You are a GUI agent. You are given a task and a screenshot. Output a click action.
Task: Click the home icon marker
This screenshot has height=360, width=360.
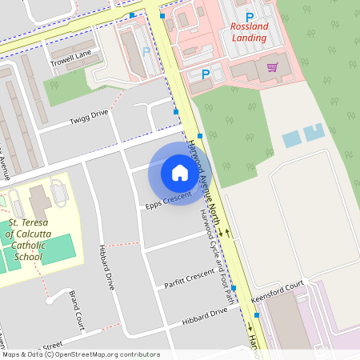(x=179, y=173)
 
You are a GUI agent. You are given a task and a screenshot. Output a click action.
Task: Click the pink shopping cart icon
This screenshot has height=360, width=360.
(x=273, y=67)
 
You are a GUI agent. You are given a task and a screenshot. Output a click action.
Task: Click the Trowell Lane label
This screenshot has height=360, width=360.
(x=71, y=54)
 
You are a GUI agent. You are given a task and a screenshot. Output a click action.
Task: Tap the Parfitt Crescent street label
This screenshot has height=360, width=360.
(x=190, y=278)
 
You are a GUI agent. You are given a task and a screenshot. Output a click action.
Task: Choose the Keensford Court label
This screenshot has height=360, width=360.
(x=278, y=288)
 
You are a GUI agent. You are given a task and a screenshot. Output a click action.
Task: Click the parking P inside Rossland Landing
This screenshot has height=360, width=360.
(x=249, y=17)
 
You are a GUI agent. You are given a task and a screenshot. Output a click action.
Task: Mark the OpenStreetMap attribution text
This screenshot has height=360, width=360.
(x=80, y=354)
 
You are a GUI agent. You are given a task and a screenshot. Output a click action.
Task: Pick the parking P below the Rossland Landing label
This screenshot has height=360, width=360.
(x=206, y=74)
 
